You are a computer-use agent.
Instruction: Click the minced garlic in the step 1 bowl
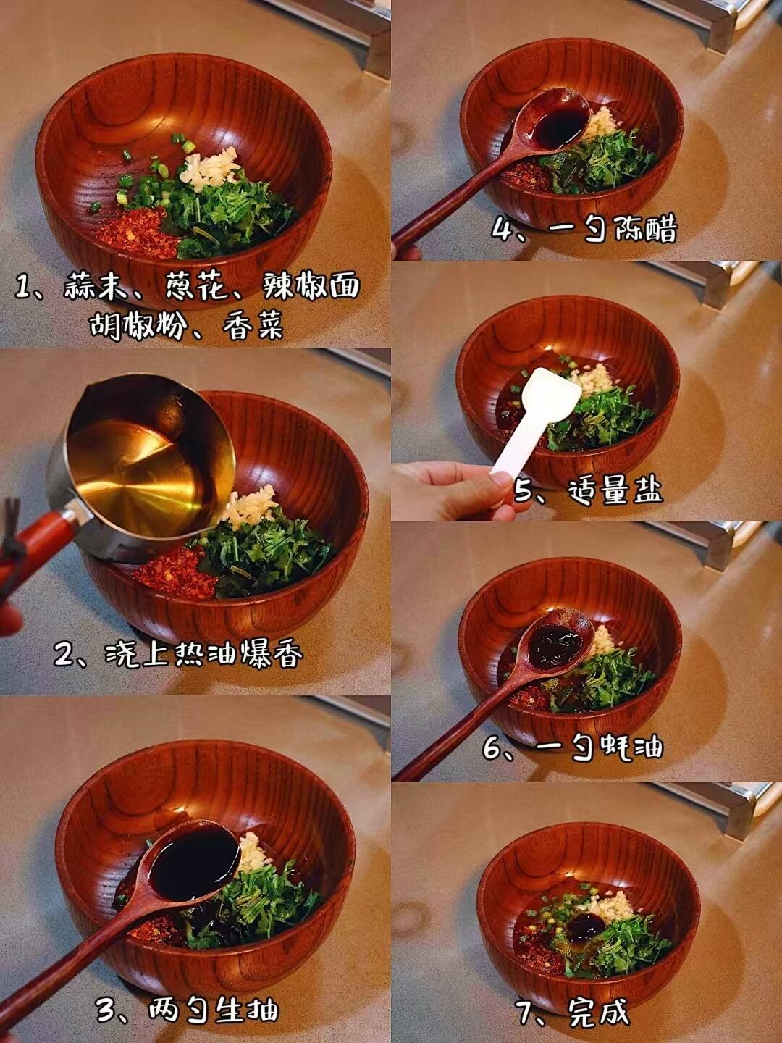coord(209,168)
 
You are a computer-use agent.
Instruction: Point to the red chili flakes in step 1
coord(138,233)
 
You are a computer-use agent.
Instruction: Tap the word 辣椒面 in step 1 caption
coord(311,285)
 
